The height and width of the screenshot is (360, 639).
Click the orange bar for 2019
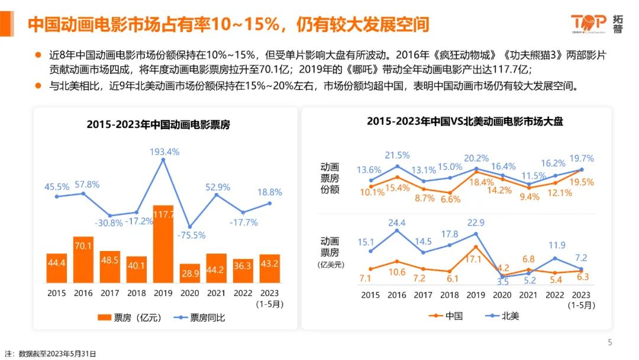[163, 244]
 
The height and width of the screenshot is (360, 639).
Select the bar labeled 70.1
[83, 259]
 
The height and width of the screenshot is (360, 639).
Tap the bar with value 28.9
[190, 273]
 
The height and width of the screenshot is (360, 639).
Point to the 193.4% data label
[163, 152]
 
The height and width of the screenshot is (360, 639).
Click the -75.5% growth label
[190, 235]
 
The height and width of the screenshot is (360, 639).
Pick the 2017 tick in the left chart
[110, 292]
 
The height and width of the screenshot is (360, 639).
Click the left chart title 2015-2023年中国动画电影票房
[158, 125]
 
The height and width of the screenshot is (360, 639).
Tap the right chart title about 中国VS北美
[464, 121]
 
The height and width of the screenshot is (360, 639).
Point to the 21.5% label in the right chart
[397, 155]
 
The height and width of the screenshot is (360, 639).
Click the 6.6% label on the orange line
[450, 200]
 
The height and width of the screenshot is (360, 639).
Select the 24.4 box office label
[397, 223]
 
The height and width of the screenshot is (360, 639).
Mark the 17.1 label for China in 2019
[476, 259]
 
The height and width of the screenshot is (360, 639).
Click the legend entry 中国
[448, 316]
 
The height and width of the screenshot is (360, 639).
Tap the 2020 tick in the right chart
[502, 295]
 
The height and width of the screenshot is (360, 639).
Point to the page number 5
[610, 342]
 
